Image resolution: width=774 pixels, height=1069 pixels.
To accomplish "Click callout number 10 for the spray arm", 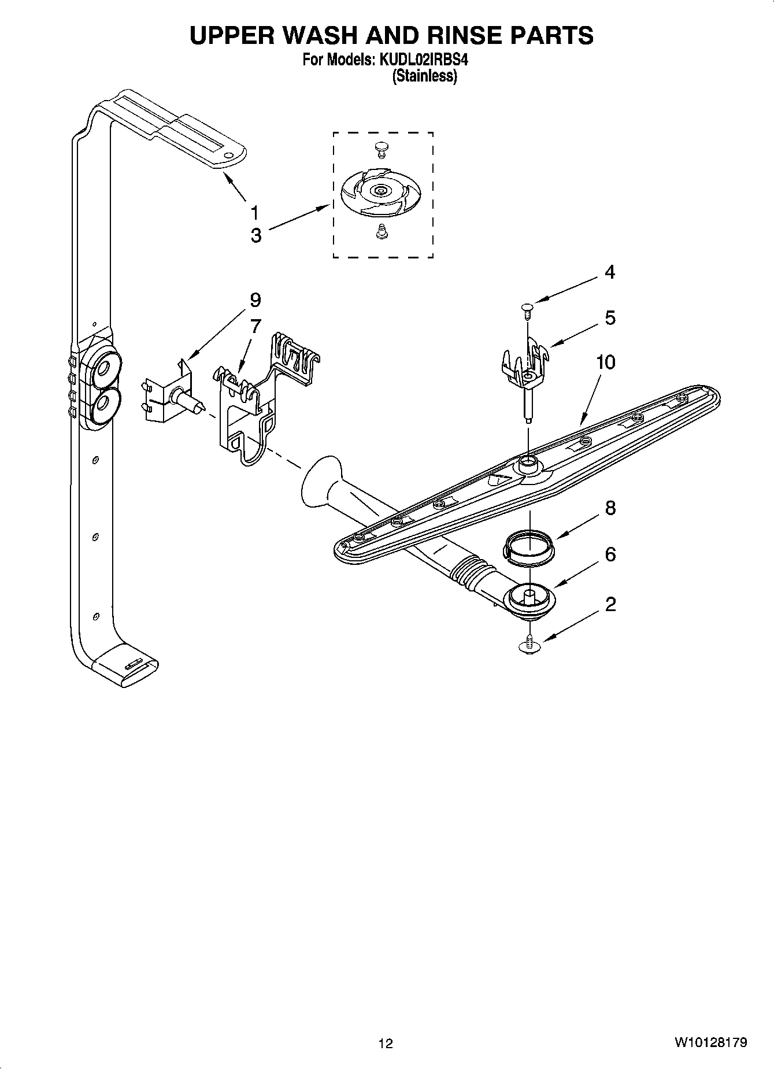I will (606, 363).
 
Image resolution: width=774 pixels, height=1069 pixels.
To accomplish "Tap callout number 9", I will (255, 300).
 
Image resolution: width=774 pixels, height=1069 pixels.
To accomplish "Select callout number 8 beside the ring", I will (610, 508).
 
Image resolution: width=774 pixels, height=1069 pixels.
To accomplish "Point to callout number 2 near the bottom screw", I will (610, 605).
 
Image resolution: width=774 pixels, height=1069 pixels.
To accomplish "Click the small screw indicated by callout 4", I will (527, 310).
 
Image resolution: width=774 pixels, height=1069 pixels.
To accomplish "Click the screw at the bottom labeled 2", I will (528, 646).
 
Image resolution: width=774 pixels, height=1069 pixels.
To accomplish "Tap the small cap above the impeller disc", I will (381, 149).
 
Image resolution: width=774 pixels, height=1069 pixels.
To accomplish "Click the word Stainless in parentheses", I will (425, 76).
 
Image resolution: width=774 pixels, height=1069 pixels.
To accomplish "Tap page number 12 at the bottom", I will (386, 1044).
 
